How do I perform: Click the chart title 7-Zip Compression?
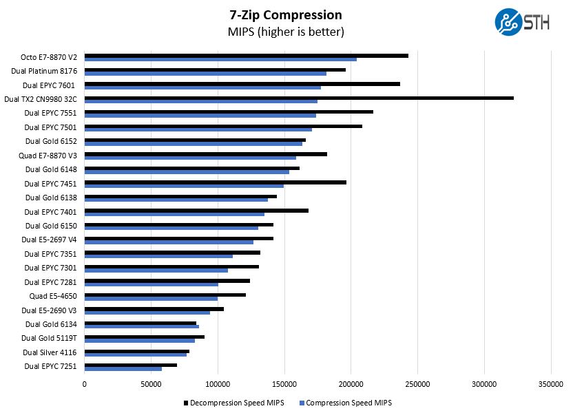point(286,15)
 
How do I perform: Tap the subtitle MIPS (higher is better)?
point(286,32)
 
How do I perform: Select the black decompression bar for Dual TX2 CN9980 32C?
point(299,98)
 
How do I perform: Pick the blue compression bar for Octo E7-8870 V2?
point(220,60)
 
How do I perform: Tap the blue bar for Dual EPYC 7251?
point(123,368)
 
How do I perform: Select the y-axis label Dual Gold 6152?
point(51,141)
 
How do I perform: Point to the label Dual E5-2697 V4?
point(49,240)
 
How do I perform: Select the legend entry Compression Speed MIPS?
point(348,403)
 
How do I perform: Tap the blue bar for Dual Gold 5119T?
point(139,340)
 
